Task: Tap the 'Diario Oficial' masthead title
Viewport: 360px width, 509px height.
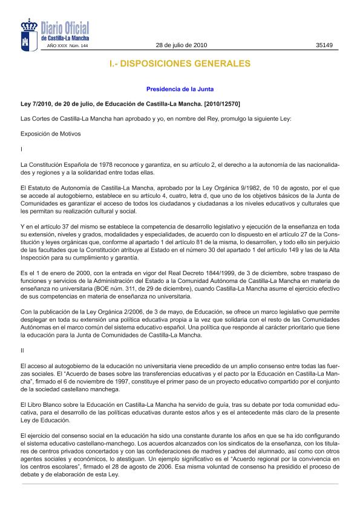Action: [x=65, y=28]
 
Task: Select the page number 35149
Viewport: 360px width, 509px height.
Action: [x=324, y=45]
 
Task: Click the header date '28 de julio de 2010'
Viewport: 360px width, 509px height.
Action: [x=182, y=45]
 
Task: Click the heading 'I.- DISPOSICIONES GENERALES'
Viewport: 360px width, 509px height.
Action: [x=180, y=63]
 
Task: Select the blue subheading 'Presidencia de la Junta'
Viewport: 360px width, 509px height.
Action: [x=180, y=89]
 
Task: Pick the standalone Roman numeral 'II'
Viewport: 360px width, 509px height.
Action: [x=22, y=349]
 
